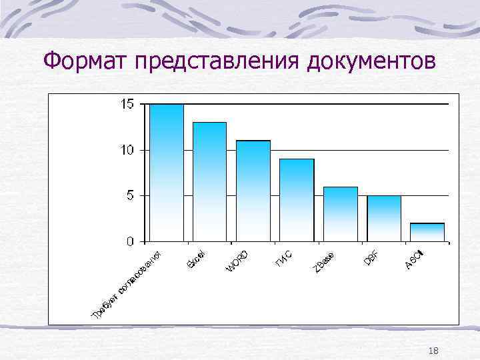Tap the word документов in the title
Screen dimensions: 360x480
pyautogui.click(x=373, y=61)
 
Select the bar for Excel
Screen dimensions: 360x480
pyautogui.click(x=209, y=181)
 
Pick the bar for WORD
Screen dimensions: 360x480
pyautogui.click(x=253, y=191)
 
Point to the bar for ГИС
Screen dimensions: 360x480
pyautogui.click(x=296, y=200)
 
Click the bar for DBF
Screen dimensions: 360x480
pyautogui.click(x=383, y=218)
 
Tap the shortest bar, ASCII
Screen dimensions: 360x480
pyautogui.click(x=427, y=232)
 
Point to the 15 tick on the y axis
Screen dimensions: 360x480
pyautogui.click(x=127, y=104)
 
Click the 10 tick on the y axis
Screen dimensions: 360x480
pyautogui.click(x=127, y=150)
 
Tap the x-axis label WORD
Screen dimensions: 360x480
pyautogui.click(x=238, y=260)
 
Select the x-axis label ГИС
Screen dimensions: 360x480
pyautogui.click(x=283, y=257)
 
